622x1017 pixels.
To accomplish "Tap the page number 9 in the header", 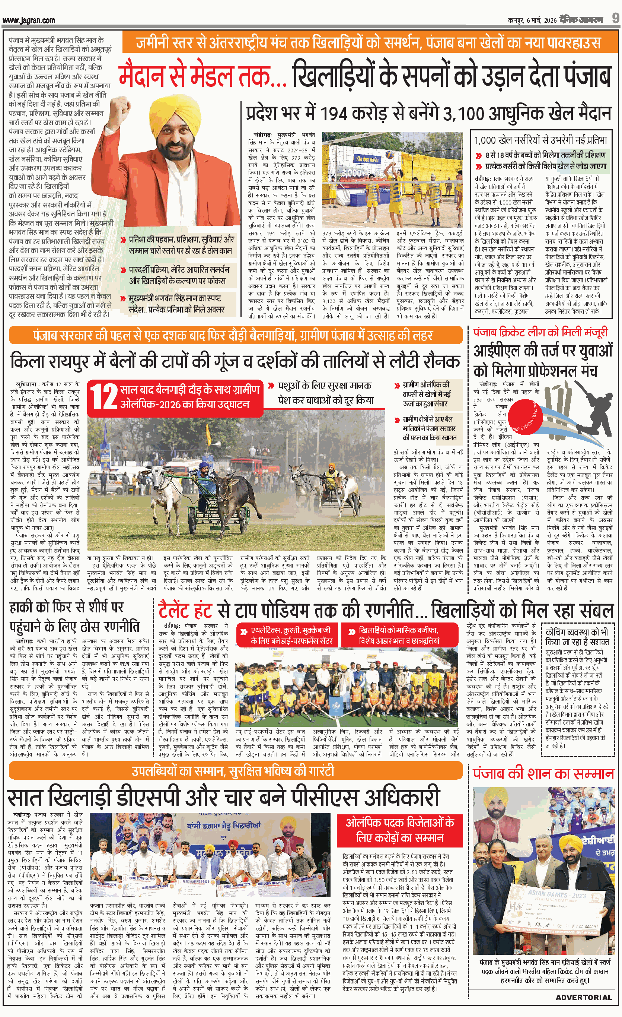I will (x=615, y=19).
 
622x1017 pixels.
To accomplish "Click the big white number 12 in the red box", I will (x=104, y=397).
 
